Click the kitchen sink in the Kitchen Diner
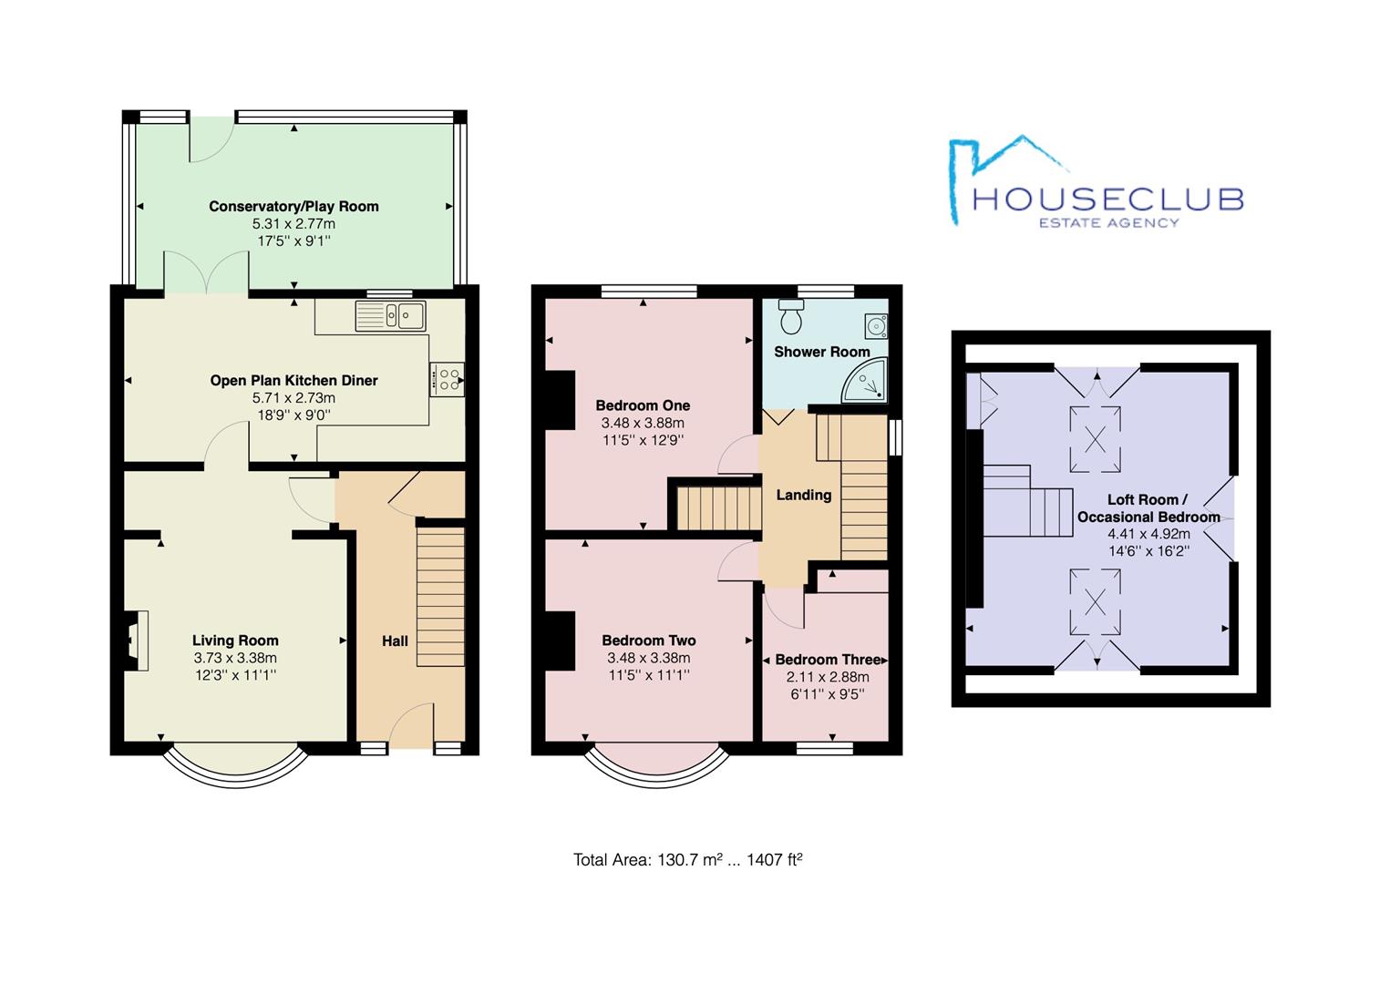390,316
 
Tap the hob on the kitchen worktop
447,379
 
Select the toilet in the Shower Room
791,316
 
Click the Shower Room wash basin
876,326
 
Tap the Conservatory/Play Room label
294,206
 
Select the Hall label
395,641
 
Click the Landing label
803,495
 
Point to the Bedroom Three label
828,660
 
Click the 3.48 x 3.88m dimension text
643,423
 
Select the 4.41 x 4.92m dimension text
1149,534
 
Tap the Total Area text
687,859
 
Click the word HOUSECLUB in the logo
1107,200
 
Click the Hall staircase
440,597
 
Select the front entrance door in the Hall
411,726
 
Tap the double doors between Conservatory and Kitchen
206,272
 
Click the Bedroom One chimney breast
561,401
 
